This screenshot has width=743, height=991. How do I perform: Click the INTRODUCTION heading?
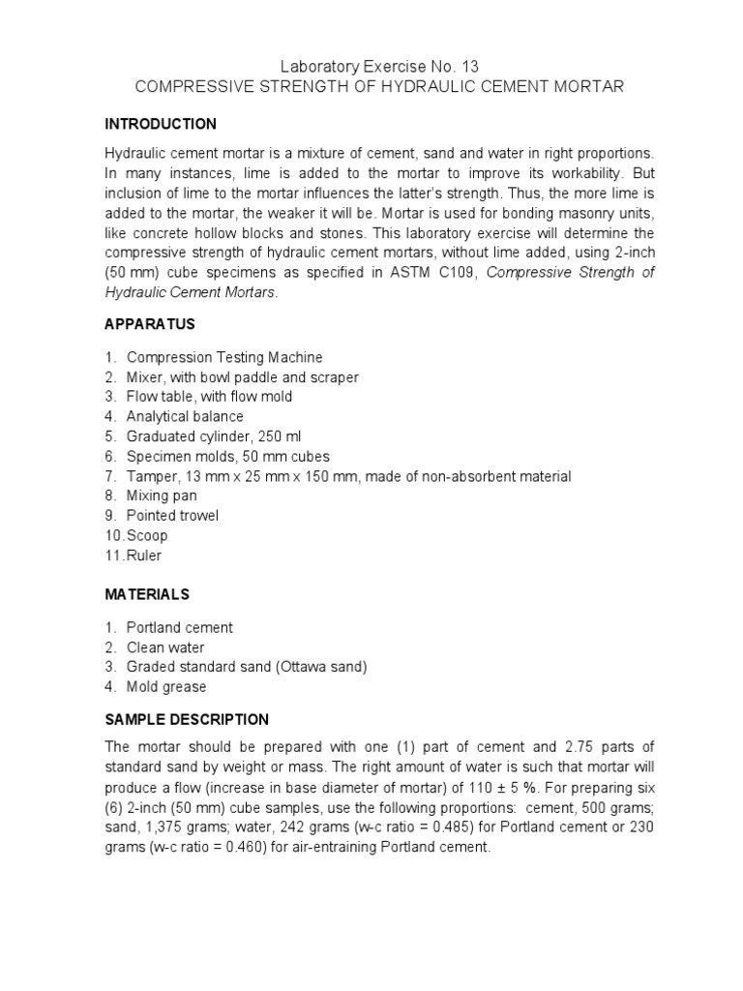161,124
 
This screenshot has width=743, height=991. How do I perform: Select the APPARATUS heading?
151,324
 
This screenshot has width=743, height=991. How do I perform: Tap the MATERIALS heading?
148,594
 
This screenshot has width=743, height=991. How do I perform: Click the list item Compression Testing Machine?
224,357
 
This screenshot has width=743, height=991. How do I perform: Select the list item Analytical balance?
185,416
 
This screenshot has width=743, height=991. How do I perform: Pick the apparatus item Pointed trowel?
172,515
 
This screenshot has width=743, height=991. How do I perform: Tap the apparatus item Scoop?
147,535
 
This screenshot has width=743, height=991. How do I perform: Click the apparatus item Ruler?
145,556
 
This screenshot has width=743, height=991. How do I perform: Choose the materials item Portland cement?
180,627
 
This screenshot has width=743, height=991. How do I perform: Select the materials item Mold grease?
166,687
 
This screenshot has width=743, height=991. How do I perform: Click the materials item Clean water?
165,647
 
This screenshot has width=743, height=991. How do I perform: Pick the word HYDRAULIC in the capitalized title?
405,87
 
